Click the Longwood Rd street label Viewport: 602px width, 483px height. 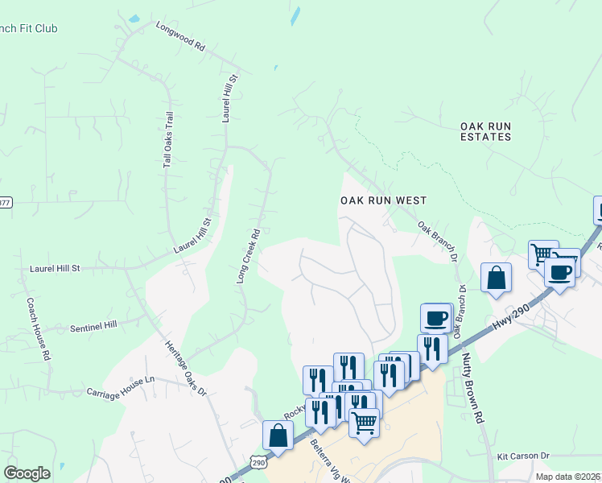181,35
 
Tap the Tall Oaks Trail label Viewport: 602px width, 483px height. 169,139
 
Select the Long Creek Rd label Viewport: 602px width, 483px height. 248,257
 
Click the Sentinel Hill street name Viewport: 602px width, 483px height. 93,325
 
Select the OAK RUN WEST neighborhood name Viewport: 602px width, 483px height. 382,200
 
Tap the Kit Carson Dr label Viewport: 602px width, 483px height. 522,456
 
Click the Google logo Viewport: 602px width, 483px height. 27,473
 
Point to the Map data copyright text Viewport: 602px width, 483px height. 568,477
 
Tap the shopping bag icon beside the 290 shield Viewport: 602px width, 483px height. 278,436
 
